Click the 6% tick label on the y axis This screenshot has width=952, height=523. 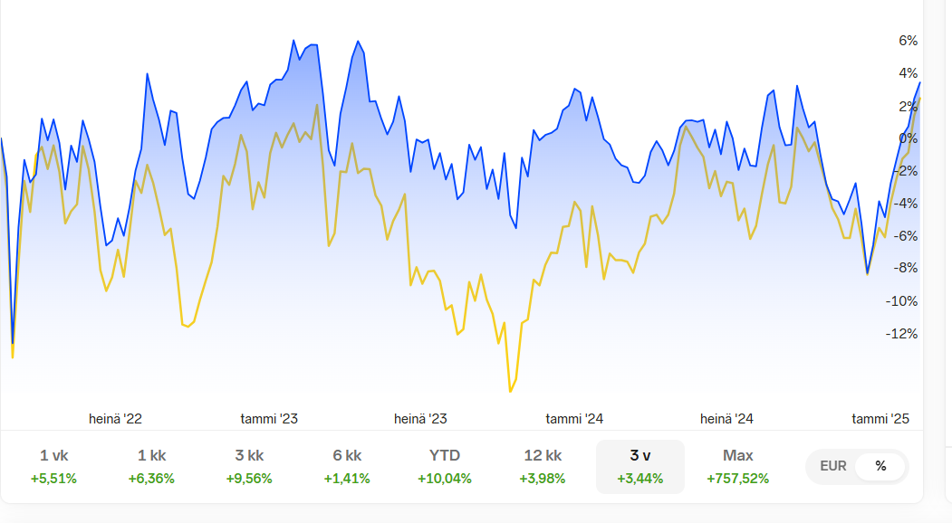tap(908, 41)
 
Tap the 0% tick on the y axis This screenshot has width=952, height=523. tap(908, 138)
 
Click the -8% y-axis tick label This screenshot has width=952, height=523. tap(905, 269)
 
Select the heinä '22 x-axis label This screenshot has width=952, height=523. tap(115, 419)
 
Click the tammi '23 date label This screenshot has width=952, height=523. tap(269, 419)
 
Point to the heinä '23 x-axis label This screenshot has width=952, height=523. tap(420, 419)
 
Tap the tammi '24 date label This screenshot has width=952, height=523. tap(574, 419)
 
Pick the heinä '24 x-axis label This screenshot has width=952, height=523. tap(726, 419)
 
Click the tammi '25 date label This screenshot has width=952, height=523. tap(880, 419)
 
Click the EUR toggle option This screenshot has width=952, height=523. tap(833, 467)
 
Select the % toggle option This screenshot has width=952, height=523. tap(880, 467)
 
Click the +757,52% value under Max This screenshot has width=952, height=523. tap(738, 479)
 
